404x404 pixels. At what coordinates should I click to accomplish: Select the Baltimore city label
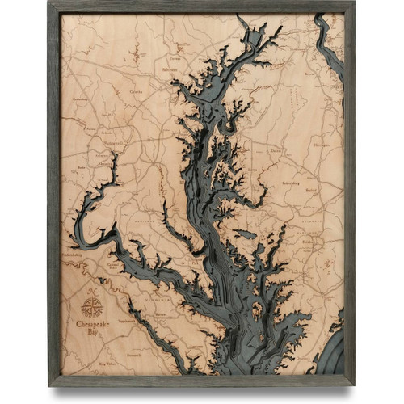pos(170,70)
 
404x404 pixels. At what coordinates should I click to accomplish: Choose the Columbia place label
pos(136,92)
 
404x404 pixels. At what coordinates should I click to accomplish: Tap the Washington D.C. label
pos(119,143)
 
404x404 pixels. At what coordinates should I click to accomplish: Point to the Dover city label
pos(276,150)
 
